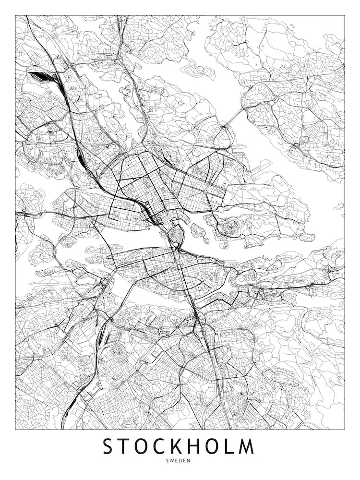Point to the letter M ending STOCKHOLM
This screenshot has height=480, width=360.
[x=247, y=446]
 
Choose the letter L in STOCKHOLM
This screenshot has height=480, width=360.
[x=229, y=446]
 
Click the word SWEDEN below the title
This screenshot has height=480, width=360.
[x=180, y=461]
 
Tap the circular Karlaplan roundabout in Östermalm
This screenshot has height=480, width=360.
[x=205, y=191]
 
